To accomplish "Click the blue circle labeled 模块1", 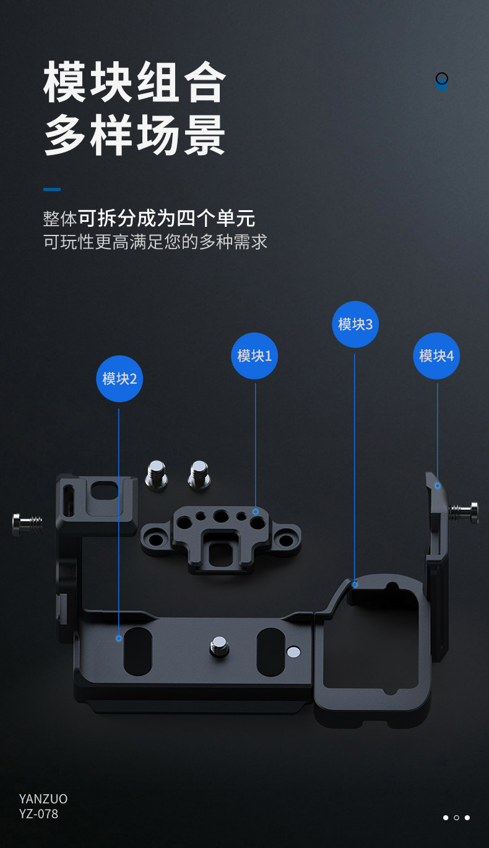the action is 254,356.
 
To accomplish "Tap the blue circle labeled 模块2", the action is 119,378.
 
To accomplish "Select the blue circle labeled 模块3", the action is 355,324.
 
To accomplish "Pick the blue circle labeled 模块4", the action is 436,356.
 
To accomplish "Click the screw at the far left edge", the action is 27,524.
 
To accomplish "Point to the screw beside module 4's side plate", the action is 464,512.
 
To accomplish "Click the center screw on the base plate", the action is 219,647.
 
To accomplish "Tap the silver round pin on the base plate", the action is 293,651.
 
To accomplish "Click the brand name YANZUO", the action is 43,799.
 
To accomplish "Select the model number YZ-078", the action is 38,814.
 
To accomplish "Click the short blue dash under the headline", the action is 52,189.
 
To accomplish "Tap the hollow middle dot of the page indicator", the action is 456,818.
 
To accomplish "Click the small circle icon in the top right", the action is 441,79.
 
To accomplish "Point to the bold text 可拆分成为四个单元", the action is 167,218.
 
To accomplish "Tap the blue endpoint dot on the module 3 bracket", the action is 355,583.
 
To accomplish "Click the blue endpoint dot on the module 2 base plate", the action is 119,638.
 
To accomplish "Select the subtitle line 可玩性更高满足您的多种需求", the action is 155,242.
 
